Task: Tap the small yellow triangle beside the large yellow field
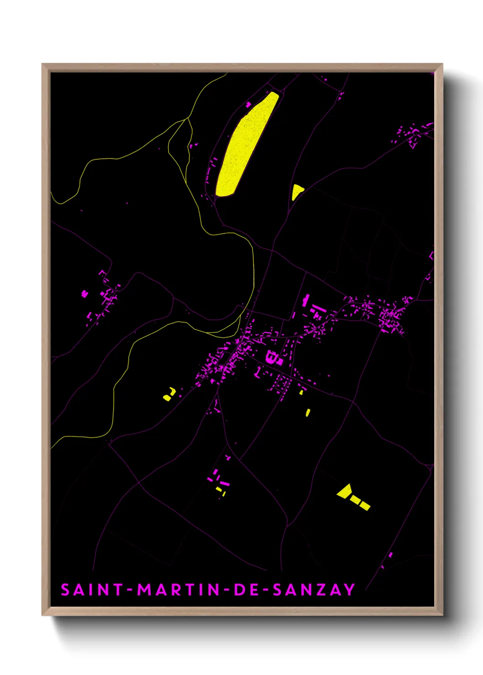(x=296, y=191)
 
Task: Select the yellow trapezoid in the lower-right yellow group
(x=344, y=491)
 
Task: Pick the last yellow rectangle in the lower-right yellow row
(x=365, y=505)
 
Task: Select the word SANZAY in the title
(x=314, y=590)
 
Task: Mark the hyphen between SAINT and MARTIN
(x=130, y=590)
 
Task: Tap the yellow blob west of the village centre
(x=168, y=395)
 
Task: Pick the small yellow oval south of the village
(x=308, y=413)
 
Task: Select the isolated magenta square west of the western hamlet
(x=84, y=294)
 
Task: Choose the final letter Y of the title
(x=349, y=590)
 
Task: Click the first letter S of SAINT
(x=65, y=590)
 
